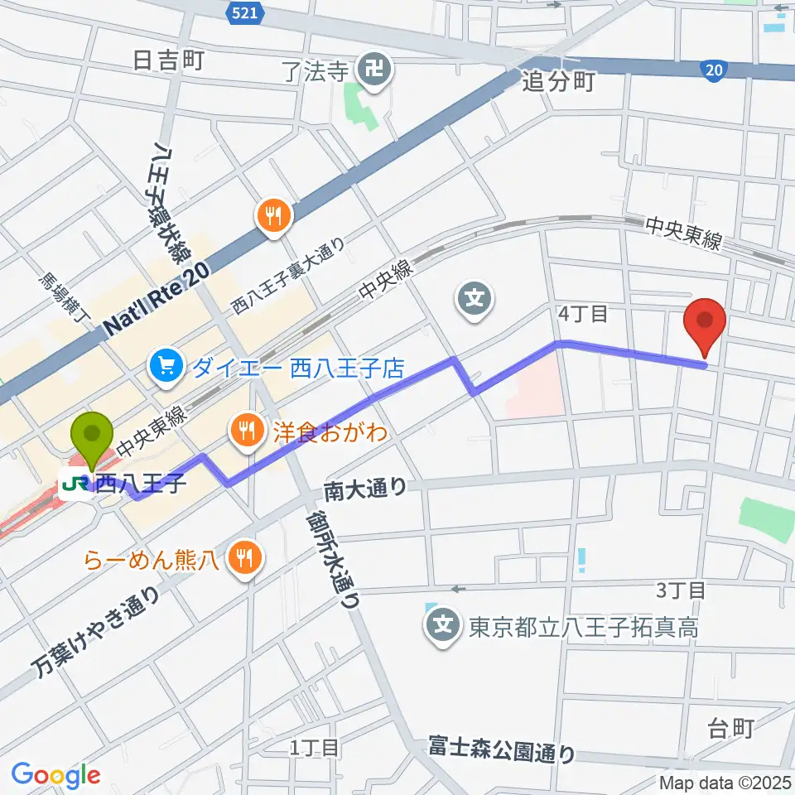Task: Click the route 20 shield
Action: point(713,71)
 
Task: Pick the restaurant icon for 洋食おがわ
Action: point(248,429)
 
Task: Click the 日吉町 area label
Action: point(167,60)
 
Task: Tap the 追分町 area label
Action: point(559,80)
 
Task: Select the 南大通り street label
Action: point(365,489)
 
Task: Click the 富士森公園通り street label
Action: point(502,749)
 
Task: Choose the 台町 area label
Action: point(731,728)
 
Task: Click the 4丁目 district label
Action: point(583,314)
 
